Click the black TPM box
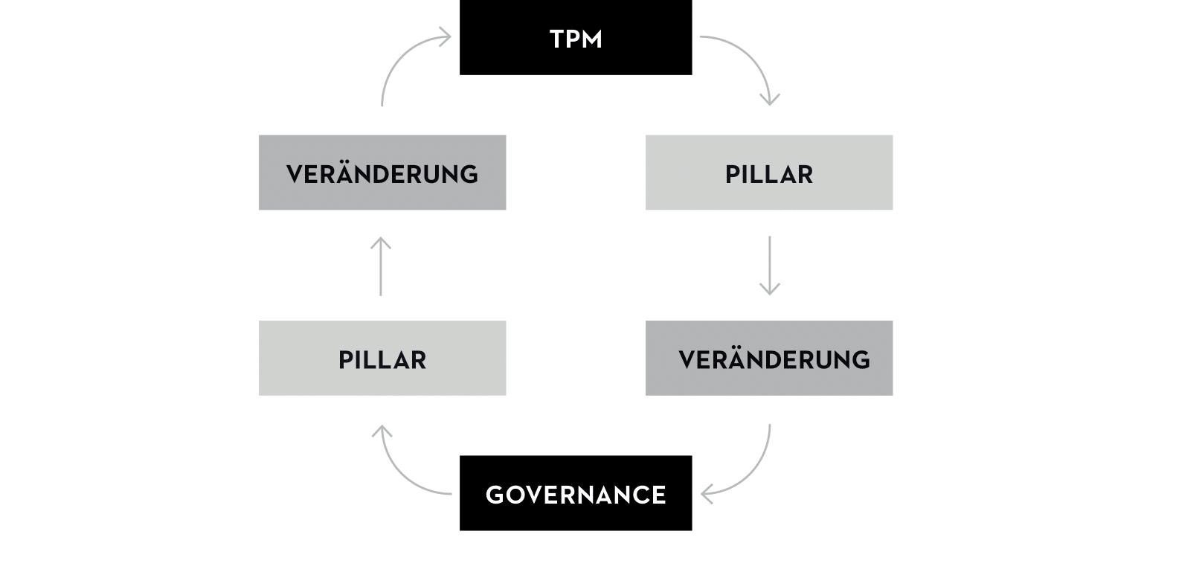[575, 37]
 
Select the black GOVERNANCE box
[575, 492]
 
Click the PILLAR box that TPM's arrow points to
[768, 172]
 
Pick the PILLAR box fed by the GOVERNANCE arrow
[382, 358]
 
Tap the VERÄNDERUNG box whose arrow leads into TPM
[382, 172]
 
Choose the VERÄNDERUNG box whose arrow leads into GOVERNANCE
[768, 358]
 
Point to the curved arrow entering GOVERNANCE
[751, 472]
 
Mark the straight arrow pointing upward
[381, 266]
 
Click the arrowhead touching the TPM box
[446, 36]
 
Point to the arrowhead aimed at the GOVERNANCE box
[705, 493]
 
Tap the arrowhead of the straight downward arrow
[769, 290]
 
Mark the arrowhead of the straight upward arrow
[381, 242]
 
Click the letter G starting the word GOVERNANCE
[495, 495]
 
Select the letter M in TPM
[591, 39]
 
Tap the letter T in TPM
[556, 39]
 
